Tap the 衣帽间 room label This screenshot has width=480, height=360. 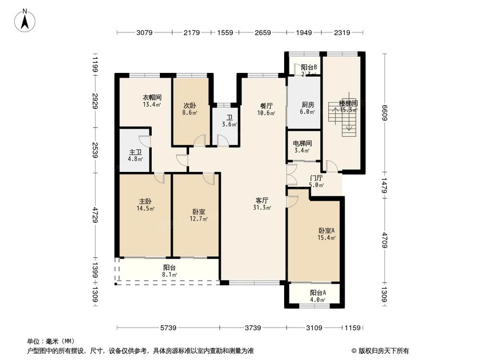point(151,100)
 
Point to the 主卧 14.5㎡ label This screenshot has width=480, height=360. point(146,205)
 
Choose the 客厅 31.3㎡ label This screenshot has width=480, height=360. point(263,204)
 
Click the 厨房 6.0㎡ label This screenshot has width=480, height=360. point(308,108)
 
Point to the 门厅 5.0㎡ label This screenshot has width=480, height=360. point(316,181)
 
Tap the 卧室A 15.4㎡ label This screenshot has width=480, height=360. point(326,233)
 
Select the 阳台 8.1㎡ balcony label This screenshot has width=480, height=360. point(169,271)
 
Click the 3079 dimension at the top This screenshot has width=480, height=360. point(144,33)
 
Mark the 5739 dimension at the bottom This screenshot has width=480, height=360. point(168,328)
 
